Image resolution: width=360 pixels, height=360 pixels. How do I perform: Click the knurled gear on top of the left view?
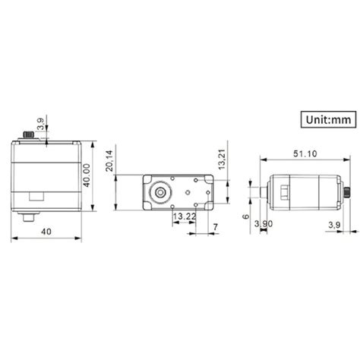35,134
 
